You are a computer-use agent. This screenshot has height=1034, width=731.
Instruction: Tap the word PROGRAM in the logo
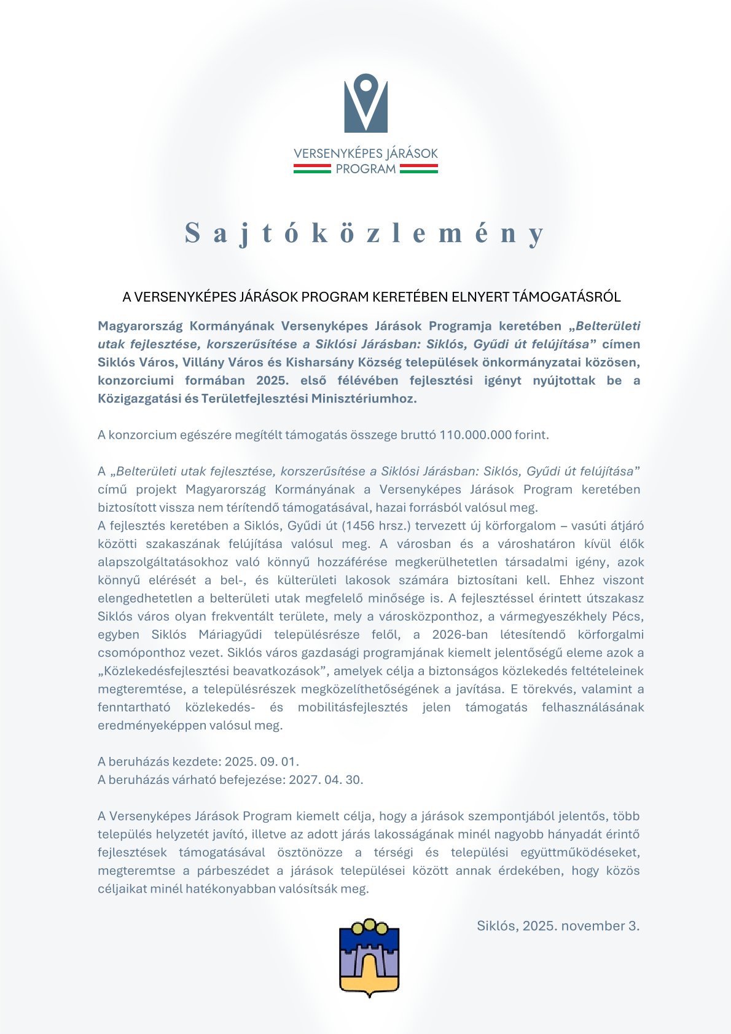(365, 169)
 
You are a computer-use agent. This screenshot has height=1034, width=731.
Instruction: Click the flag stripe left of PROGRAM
(311, 169)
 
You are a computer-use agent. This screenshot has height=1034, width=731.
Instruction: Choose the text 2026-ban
(457, 635)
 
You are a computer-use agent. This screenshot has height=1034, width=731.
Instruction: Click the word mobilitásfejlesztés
(353, 707)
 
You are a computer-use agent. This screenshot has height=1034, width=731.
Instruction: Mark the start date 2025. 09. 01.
(262, 762)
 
